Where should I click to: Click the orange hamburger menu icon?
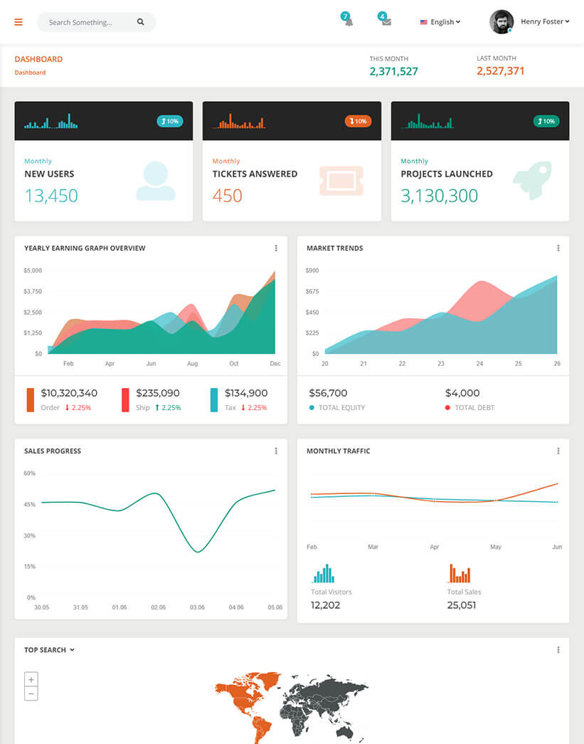point(18,22)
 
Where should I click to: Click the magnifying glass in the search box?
point(141,22)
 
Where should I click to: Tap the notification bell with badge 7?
point(348,21)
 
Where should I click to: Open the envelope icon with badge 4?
point(386,21)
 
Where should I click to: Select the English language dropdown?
point(440,22)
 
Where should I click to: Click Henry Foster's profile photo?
point(501,21)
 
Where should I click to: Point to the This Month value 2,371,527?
point(393,71)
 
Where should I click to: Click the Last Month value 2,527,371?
point(501,71)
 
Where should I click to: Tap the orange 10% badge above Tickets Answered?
point(358,121)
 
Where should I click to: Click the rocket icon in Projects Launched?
point(532,179)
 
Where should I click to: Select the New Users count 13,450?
point(51,196)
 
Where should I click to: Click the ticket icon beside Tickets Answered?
point(341,181)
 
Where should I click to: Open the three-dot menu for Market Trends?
point(558,248)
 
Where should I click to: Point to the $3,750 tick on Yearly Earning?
point(33,291)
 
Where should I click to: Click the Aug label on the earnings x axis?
point(192,364)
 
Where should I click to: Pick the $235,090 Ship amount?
point(158,393)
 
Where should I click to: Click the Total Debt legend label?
point(474,408)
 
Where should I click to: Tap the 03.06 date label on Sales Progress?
point(197,607)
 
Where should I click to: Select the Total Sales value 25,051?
point(462,605)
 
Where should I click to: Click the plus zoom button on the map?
point(31,679)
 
